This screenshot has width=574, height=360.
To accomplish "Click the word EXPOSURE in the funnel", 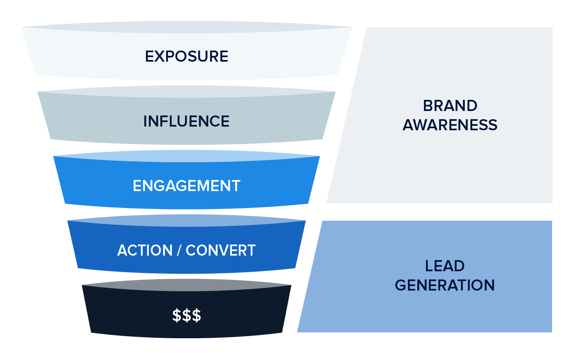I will pos(186,56).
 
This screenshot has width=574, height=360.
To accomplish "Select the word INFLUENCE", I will pos(186,121).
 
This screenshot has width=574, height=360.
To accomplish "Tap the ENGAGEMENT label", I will pos(186,186).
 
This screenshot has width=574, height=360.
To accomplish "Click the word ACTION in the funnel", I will pos(145,250).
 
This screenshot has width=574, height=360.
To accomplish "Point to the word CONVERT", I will pos(220,250).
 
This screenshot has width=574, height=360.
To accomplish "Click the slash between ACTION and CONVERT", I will pos(179,250).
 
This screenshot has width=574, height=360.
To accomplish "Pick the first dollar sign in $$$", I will pos(177,315).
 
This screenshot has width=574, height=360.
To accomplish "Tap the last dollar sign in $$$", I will pos(197,315).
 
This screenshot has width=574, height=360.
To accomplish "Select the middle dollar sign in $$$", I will pos(187,315).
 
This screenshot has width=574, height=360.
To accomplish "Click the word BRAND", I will pos(450,106).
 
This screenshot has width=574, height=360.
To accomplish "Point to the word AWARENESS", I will pos(450,125).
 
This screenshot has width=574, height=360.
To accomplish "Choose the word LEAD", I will pos(444,266).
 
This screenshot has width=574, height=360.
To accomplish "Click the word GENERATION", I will pos(444,285).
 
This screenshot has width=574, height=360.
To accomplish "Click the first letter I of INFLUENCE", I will pos(145,121).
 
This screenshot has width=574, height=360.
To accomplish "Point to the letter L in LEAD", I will pos(428,266).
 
